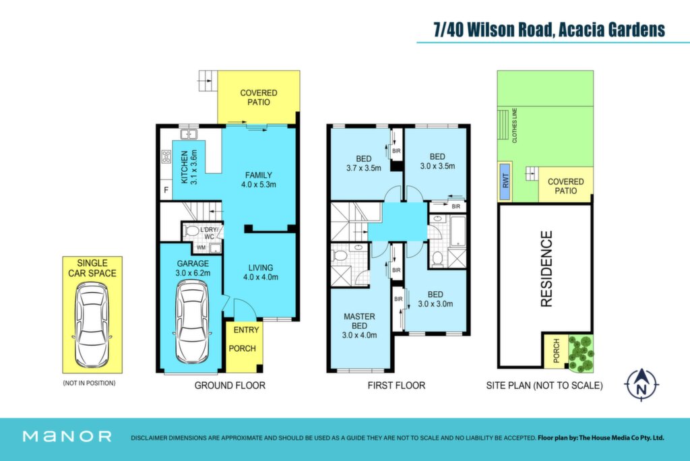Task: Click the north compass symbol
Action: click(x=641, y=384)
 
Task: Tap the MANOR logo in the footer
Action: click(x=67, y=436)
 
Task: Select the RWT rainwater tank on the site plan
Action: click(x=505, y=181)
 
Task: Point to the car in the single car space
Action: click(x=92, y=326)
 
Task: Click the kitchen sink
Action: click(x=189, y=134)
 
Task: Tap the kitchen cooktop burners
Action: click(x=166, y=156)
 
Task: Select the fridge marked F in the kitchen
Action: click(x=166, y=190)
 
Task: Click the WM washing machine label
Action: click(x=201, y=247)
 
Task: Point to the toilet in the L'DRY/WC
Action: click(x=191, y=230)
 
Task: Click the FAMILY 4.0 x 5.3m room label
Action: click(x=259, y=180)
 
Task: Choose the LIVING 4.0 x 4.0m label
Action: click(x=261, y=272)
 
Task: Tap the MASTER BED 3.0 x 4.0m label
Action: click(x=360, y=326)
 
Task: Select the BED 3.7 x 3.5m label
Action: click(x=363, y=163)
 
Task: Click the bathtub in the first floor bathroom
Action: click(x=458, y=230)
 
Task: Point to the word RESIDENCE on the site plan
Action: click(x=546, y=269)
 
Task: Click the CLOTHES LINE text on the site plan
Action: click(x=514, y=125)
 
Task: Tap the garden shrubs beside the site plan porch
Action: click(x=581, y=353)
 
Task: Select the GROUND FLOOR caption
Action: click(x=230, y=386)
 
